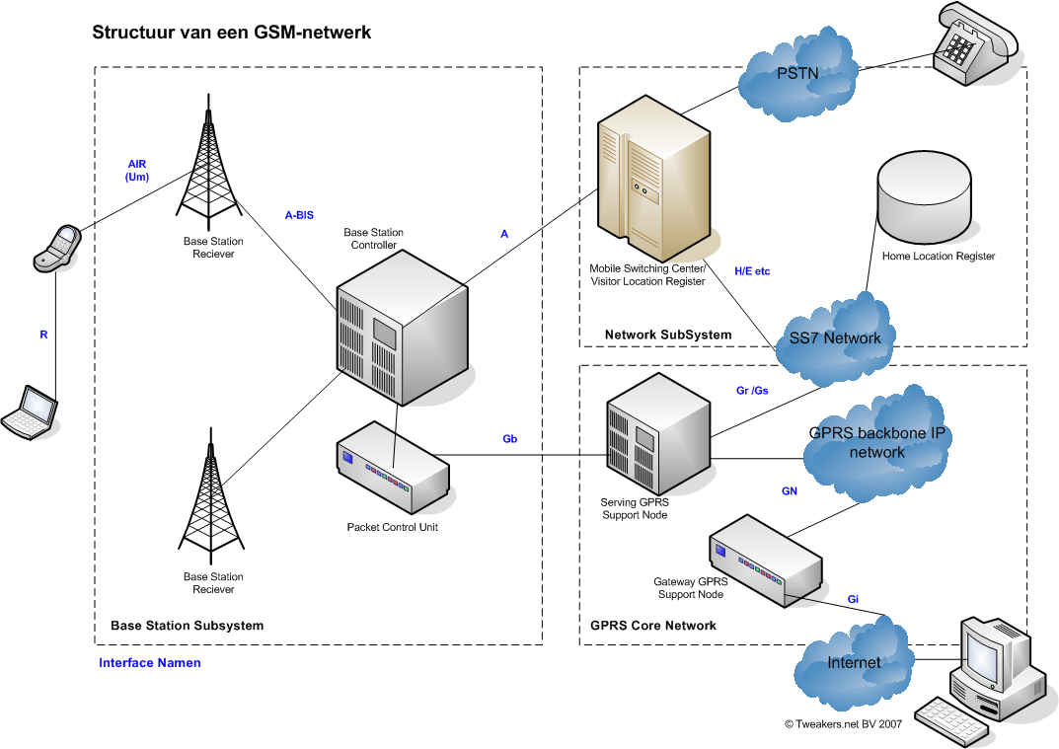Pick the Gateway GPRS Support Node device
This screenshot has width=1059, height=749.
click(x=766, y=560)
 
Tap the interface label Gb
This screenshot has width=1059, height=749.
click(x=510, y=438)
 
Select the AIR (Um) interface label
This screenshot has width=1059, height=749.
click(x=137, y=170)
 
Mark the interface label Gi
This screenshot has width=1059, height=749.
click(x=854, y=599)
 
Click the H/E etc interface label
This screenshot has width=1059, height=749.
click(x=752, y=270)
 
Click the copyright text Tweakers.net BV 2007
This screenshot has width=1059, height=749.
click(x=843, y=723)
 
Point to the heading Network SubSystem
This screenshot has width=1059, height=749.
click(x=668, y=335)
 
